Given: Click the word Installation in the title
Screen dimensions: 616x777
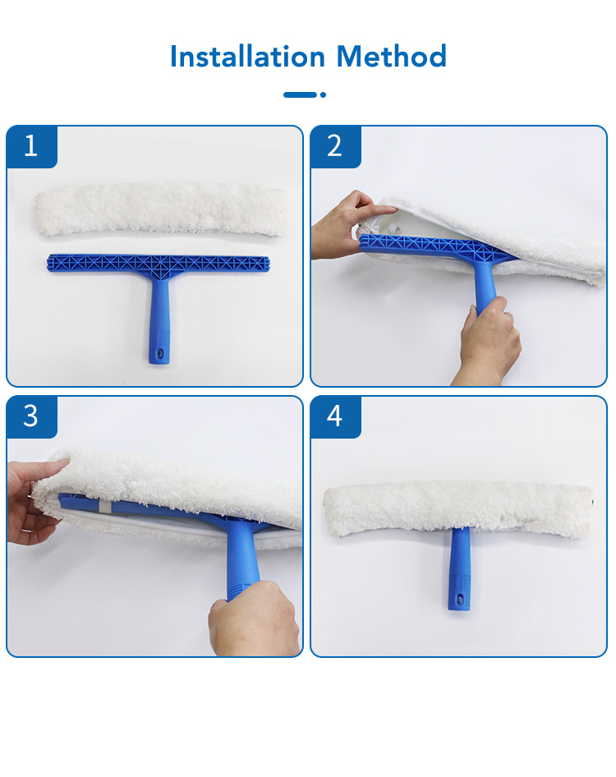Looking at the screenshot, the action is pos(247,56).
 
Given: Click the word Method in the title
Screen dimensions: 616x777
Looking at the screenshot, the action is pos(392,56).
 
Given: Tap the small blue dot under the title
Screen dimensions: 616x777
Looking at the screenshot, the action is pos(323,94).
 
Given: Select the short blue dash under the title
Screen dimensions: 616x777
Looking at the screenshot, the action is pos(300,94).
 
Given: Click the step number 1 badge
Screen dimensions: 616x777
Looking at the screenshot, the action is pos(32,147).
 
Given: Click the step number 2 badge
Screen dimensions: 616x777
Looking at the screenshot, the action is pos(335,147).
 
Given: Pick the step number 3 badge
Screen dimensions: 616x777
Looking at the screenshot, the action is pos(32,416).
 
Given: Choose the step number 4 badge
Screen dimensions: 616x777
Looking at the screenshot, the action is pos(335,416).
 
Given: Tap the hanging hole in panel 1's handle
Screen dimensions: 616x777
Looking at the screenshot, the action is pos(159,353).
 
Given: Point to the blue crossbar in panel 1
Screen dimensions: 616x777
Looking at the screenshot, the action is pos(159,264).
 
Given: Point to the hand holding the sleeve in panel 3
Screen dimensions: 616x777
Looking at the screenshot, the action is pos(34,500).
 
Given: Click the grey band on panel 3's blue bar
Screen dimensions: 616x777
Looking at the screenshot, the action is pos(103,507).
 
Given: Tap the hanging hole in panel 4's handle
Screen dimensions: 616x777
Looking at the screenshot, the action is pos(459,600).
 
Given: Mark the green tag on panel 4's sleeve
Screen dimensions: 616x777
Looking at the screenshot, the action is pos(593,503).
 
